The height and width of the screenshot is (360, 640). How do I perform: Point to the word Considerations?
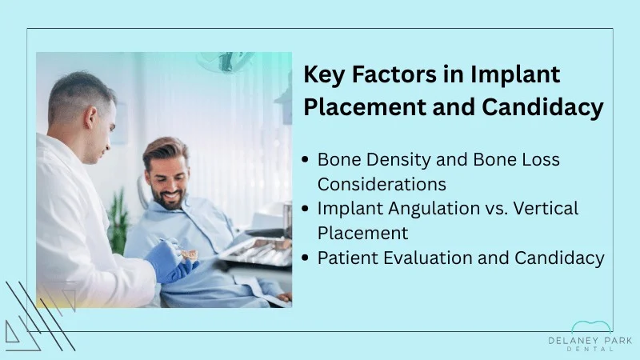pos(382,183)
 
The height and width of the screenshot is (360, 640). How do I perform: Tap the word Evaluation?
pos(434,258)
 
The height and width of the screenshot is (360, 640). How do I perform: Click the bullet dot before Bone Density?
pos(306,159)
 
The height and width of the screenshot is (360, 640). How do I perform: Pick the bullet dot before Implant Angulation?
pos(306,209)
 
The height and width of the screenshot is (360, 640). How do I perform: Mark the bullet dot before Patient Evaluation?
pos(306,258)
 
